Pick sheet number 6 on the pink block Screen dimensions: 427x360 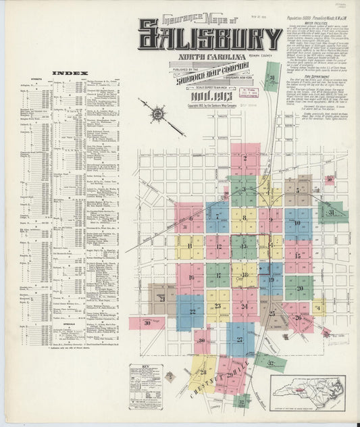click(x=190, y=218)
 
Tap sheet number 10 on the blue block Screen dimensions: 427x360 click(x=297, y=222)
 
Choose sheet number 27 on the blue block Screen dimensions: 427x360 click(x=240, y=340)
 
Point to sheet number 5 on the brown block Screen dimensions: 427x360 click(x=297, y=190)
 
